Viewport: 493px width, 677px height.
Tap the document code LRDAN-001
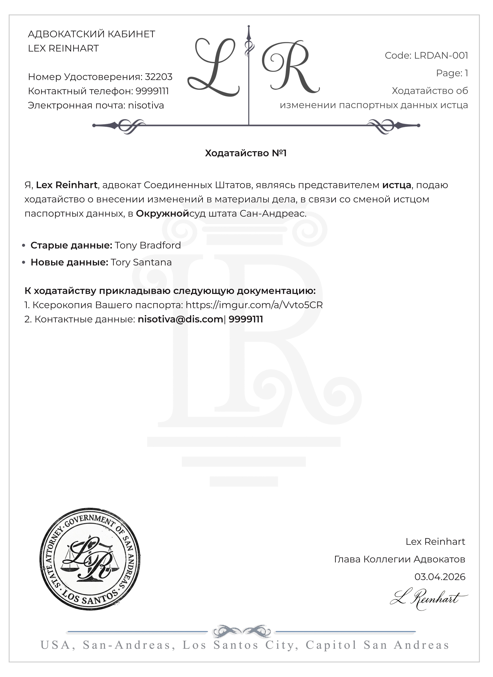click(441, 56)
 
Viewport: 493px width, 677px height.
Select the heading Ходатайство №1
click(246, 153)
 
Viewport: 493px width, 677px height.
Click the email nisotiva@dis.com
click(180, 319)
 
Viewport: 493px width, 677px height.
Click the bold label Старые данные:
click(71, 245)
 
